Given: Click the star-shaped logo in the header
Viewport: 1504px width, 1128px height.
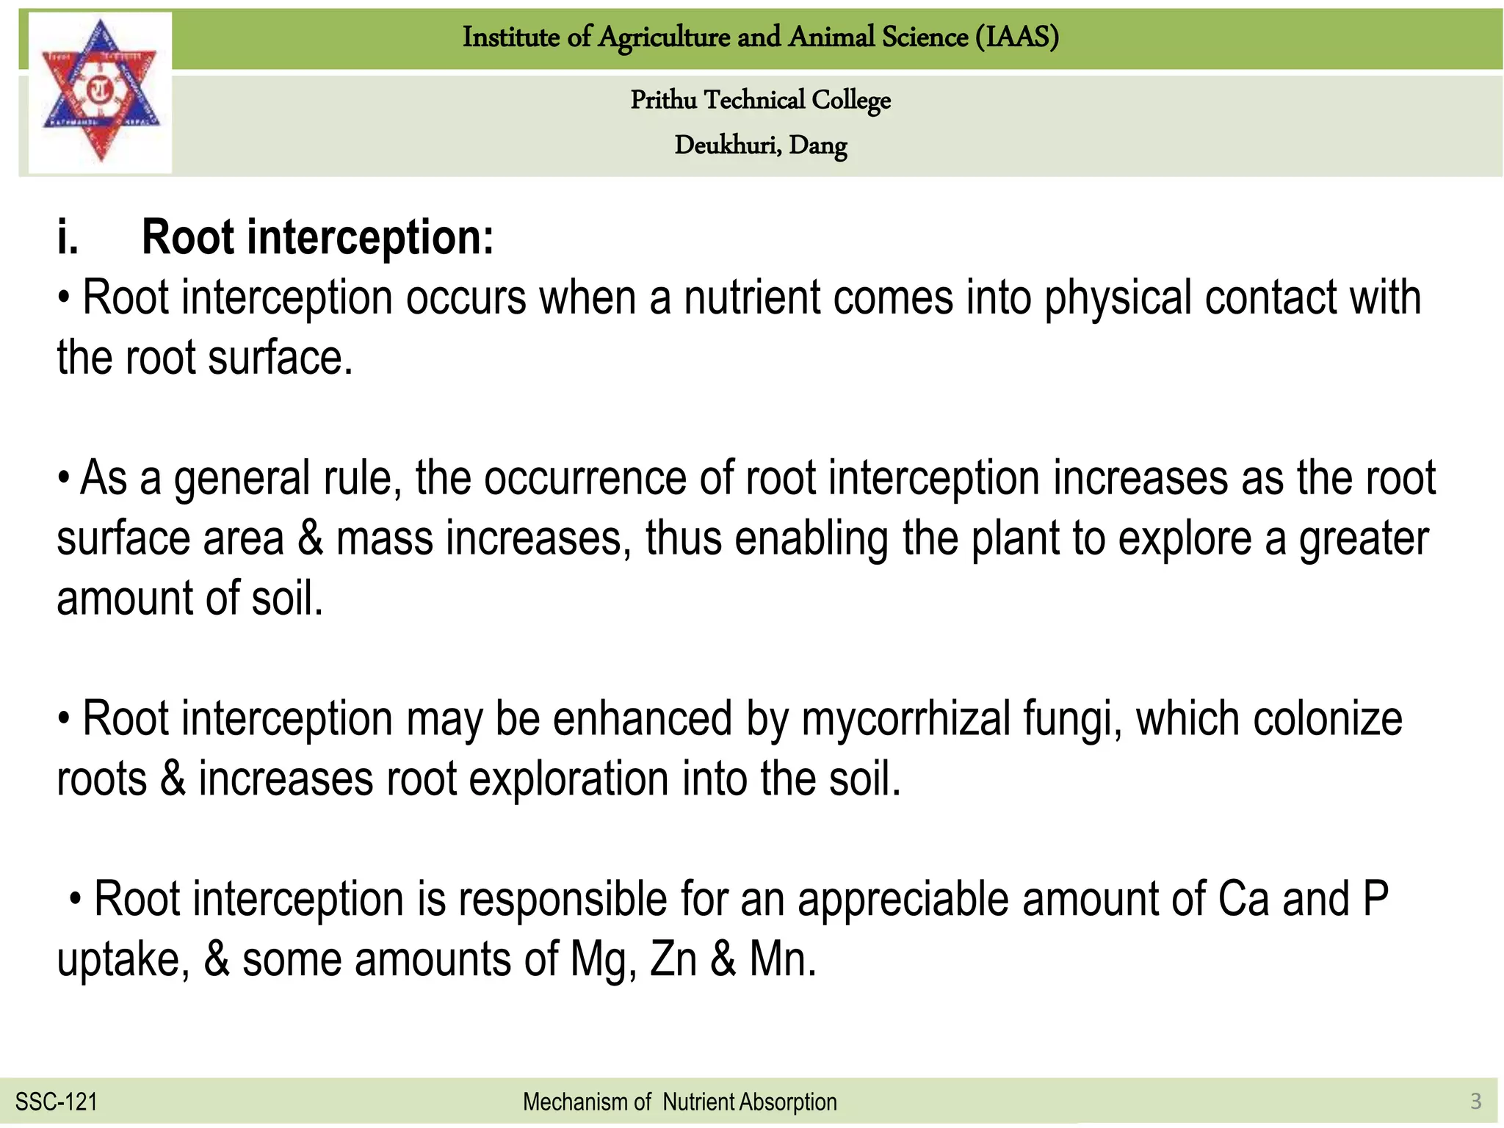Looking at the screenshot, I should pyautogui.click(x=101, y=92).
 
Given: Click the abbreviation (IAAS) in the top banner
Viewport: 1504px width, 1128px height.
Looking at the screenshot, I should pyautogui.click(x=1017, y=37).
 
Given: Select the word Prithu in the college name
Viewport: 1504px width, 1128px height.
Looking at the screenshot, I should pyautogui.click(x=663, y=100).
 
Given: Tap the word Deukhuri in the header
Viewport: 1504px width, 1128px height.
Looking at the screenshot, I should pyautogui.click(x=727, y=145).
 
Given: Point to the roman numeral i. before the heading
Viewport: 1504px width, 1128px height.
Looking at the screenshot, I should pyautogui.click(x=68, y=238).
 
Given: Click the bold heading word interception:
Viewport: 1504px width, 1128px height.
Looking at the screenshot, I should pyautogui.click(x=370, y=238).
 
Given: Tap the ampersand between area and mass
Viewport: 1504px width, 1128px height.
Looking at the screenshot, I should pyautogui.click(x=310, y=538).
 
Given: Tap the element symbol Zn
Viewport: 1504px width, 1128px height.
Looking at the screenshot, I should pyautogui.click(x=673, y=959).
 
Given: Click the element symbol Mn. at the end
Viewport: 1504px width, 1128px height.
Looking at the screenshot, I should pyautogui.click(x=782, y=959).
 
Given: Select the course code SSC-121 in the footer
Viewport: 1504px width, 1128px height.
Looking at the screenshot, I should pyautogui.click(x=57, y=1102).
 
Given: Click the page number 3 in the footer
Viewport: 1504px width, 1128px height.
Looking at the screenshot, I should pyautogui.click(x=1475, y=1101).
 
